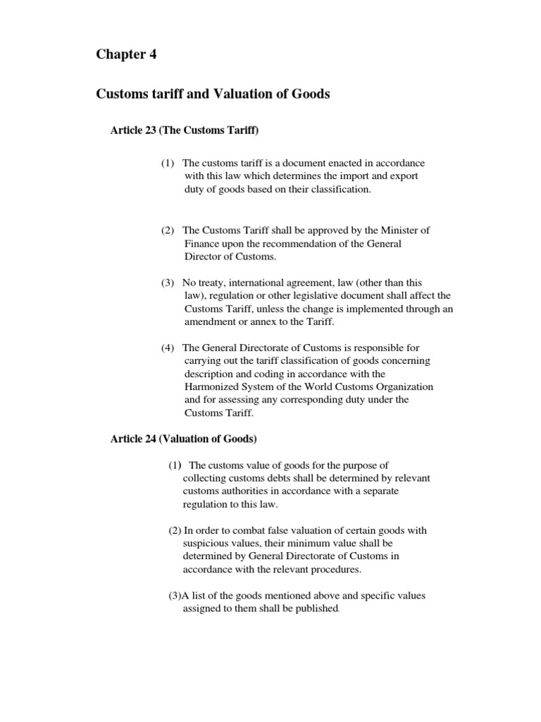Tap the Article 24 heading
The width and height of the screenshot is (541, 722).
coord(184,439)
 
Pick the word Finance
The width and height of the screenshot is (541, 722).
coord(202,243)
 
